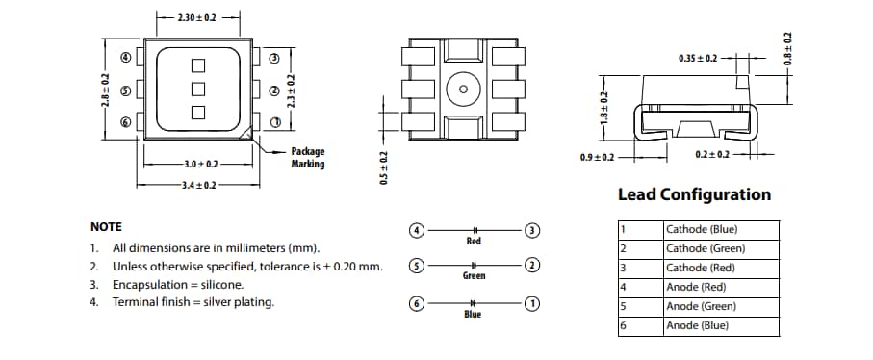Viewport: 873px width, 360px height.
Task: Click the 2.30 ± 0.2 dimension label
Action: point(198,18)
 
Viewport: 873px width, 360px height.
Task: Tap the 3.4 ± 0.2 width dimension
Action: point(198,184)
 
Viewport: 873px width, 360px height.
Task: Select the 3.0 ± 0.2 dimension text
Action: point(198,166)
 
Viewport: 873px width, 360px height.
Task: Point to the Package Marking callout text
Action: point(308,158)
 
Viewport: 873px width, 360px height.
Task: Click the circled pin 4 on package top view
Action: point(125,57)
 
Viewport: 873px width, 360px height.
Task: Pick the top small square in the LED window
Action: point(199,65)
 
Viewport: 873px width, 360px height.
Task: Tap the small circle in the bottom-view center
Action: point(463,90)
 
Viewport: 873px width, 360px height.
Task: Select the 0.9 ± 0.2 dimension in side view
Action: point(598,156)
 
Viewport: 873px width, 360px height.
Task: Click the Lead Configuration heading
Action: point(694,194)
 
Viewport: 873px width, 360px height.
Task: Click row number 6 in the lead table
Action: point(624,326)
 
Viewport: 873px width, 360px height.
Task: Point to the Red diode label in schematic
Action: point(474,242)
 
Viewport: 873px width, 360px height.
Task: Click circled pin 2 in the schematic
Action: point(531,265)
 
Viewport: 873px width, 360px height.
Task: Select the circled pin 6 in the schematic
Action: point(417,303)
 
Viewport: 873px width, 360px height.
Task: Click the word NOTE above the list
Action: point(106,227)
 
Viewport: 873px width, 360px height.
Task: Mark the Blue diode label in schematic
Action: point(473,315)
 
